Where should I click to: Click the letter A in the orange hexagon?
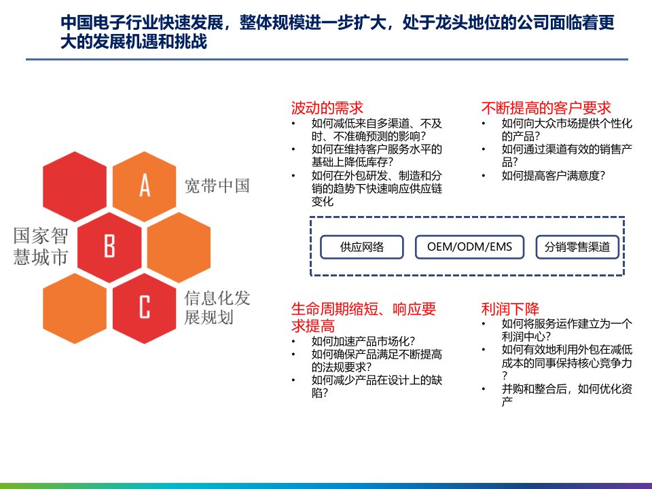click(144, 185)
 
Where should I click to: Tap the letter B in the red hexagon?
click(109, 246)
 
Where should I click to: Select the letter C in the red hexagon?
click(144, 307)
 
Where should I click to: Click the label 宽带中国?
click(217, 186)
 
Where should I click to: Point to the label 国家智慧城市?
click(40, 246)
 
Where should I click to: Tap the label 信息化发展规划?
click(217, 308)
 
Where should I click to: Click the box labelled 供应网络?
click(362, 247)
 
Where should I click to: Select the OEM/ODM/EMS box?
click(469, 247)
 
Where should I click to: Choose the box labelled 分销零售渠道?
click(577, 247)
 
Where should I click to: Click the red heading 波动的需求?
click(327, 108)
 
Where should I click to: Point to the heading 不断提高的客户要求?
click(546, 108)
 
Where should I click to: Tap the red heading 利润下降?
click(510, 309)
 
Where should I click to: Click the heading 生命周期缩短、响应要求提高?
click(364, 317)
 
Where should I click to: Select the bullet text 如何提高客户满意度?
click(554, 175)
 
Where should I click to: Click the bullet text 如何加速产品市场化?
click(363, 342)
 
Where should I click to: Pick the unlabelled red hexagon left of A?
click(75, 186)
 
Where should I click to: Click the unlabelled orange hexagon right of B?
click(179, 247)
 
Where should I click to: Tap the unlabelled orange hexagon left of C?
click(75, 308)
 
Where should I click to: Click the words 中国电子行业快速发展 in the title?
click(143, 23)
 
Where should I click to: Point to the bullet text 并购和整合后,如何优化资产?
click(566, 395)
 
